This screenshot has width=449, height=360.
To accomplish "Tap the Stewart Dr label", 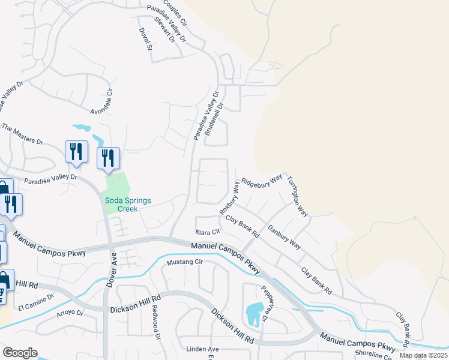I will (x=164, y=29).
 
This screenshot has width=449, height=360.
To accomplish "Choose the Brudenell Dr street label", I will (x=214, y=119).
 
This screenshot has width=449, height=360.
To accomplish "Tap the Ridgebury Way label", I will (x=261, y=181).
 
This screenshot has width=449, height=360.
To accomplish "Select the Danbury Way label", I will (x=285, y=236).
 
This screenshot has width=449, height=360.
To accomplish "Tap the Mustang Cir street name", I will (x=185, y=262).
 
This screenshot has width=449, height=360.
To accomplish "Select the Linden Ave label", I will (x=202, y=349).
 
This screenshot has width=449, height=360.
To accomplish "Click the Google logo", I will (x=20, y=353).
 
